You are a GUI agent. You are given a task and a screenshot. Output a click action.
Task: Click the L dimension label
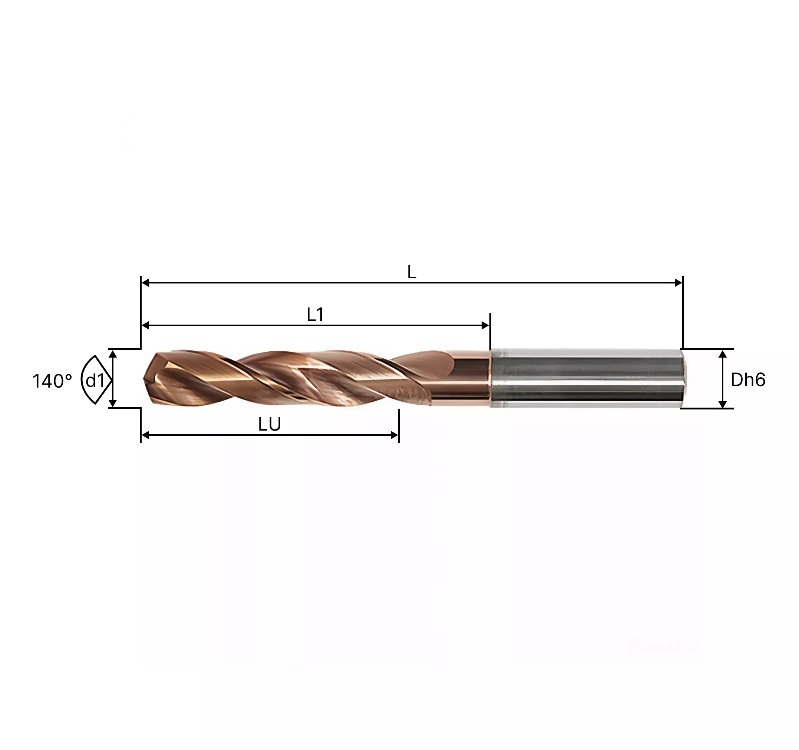[412, 273]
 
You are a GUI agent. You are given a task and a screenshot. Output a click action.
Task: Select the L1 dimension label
[315, 315]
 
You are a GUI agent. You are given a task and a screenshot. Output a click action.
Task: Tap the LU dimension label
[269, 425]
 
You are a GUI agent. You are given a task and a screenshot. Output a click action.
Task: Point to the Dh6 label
[748, 379]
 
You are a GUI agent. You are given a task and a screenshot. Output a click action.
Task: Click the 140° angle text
[52, 381]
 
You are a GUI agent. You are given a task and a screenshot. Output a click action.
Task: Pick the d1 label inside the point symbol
[95, 380]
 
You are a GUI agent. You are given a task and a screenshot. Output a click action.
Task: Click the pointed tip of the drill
[144, 378]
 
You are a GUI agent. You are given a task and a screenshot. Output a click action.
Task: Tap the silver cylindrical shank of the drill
[587, 378]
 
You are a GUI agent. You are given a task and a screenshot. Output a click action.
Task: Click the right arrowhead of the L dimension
[679, 283]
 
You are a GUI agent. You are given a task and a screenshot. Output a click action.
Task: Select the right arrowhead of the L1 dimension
[485, 325]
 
